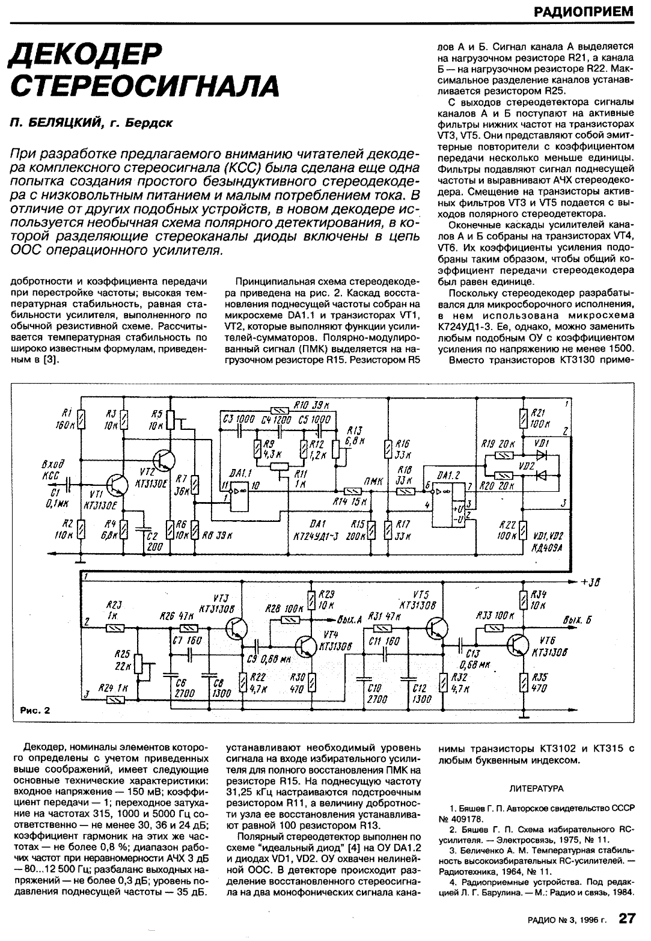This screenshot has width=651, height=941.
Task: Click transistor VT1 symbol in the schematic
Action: tap(114, 484)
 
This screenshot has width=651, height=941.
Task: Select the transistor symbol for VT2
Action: tap(163, 460)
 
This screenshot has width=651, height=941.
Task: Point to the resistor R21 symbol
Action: tap(522, 418)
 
